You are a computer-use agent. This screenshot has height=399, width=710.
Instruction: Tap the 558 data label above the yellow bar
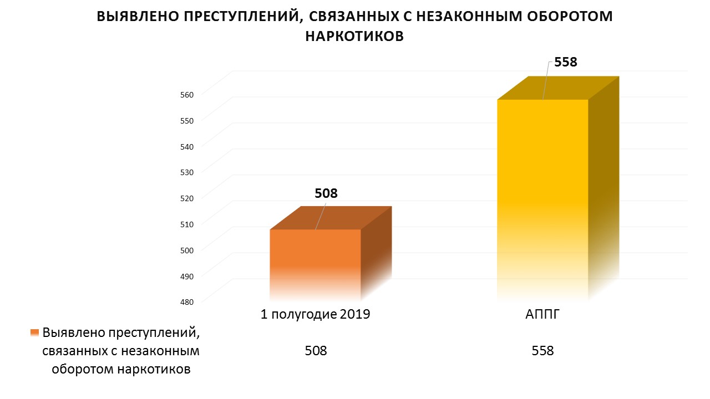coord(566,62)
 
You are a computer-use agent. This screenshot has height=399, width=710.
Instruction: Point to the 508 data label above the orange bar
coord(326,193)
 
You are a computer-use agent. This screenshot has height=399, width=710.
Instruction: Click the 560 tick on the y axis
coord(186,94)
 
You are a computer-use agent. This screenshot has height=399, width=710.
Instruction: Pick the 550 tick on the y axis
coord(186,120)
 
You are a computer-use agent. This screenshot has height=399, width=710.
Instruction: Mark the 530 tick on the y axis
coord(186,172)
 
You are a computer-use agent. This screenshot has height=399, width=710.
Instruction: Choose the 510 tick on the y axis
coord(186,224)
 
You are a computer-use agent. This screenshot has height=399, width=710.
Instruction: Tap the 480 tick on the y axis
coord(186,301)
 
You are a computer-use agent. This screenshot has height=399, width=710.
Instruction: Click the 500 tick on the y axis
coord(186,250)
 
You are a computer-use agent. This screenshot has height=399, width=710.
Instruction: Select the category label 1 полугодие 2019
coord(315,315)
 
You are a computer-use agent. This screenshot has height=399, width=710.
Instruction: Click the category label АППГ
coord(542,315)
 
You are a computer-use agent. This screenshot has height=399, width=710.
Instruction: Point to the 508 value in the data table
coord(316,351)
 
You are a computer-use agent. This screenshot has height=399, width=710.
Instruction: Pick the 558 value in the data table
coord(542,351)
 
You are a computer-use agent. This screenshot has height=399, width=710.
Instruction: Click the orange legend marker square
coord(35,333)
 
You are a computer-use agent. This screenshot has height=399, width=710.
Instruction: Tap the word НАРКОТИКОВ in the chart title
coord(354,36)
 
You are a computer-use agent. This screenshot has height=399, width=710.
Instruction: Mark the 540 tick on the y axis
coord(186,146)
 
